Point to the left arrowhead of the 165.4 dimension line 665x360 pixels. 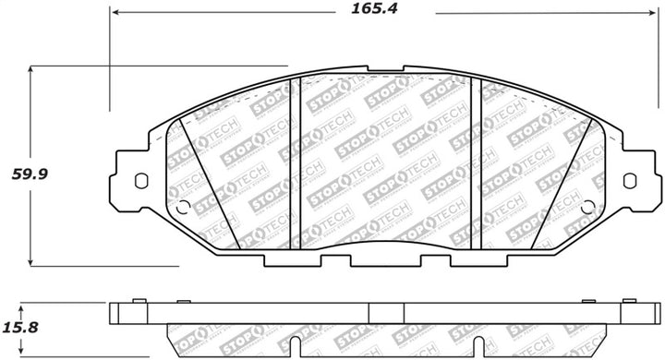tap(115, 13)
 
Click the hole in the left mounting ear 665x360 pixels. tap(140, 181)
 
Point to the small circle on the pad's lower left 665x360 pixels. tap(182, 207)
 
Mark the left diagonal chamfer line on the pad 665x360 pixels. tap(210, 185)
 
